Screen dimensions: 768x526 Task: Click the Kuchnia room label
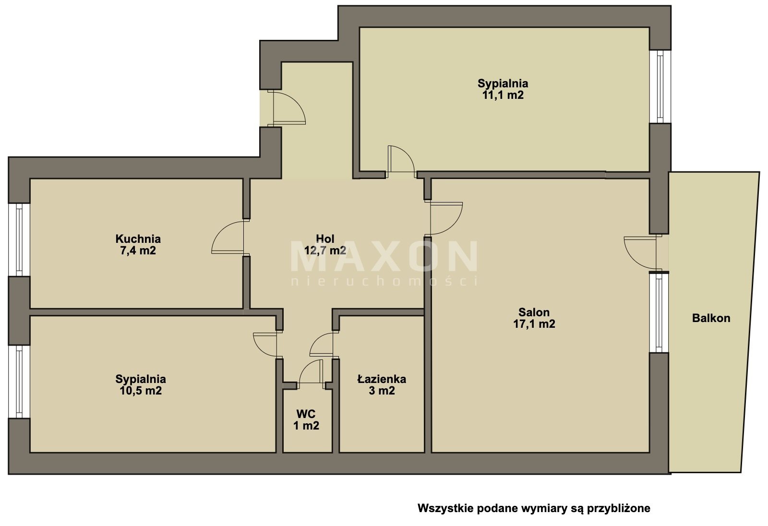[x=138, y=239]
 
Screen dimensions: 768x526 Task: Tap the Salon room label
[x=534, y=312]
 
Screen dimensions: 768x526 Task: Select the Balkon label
[x=711, y=318]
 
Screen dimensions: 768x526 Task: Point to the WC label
[x=306, y=414]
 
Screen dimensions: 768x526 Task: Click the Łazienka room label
[x=382, y=379]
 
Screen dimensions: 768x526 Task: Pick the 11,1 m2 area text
[x=503, y=95]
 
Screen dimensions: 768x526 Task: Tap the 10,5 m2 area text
[x=141, y=391]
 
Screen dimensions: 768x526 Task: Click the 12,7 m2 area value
[x=325, y=251]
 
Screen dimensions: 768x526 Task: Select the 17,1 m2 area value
[x=534, y=323]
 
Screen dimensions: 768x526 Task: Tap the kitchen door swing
[x=228, y=237]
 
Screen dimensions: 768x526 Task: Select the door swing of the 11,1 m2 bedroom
[x=401, y=162]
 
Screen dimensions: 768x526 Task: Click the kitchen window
[x=19, y=239]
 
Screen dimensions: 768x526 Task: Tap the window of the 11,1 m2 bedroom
[x=660, y=86]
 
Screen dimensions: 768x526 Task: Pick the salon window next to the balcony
[x=659, y=313]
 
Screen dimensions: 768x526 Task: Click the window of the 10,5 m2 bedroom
[x=19, y=382]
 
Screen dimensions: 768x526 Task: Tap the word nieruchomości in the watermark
[x=384, y=281]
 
